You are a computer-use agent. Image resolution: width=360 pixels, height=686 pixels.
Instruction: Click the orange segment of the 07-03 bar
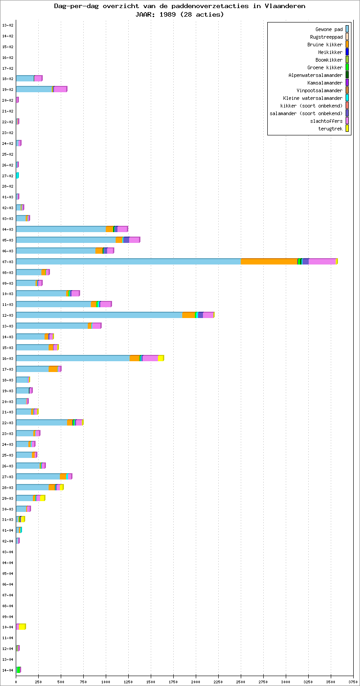click(269, 261)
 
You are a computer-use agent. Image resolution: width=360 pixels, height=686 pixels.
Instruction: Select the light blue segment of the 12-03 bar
click(99, 315)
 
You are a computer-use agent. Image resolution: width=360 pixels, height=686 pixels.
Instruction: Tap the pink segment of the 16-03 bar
click(150, 358)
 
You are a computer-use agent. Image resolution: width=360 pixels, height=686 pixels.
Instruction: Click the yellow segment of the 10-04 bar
click(22, 627)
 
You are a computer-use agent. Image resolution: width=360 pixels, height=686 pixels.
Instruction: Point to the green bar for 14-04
click(18, 670)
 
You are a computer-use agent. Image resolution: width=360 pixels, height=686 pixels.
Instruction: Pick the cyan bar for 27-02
click(17, 175)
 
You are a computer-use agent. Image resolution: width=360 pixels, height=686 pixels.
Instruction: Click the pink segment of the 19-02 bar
click(60, 89)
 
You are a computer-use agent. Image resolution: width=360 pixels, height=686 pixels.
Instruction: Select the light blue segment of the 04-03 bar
click(61, 229)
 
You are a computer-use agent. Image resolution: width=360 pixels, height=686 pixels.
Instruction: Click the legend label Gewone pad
click(329, 29)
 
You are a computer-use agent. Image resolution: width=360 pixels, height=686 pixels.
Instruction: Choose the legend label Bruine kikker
click(325, 45)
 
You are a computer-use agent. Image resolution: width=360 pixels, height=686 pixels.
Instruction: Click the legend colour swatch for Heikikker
click(347, 52)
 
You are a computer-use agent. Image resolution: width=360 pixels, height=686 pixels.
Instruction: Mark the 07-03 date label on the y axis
click(8, 261)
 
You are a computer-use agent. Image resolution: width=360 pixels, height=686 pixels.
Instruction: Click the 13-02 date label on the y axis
click(8, 25)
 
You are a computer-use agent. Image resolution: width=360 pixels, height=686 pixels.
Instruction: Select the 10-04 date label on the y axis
click(8, 627)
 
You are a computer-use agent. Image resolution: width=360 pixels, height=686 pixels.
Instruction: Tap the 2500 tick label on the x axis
click(241, 682)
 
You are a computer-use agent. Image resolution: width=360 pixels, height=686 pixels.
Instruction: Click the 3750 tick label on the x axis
click(353, 682)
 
